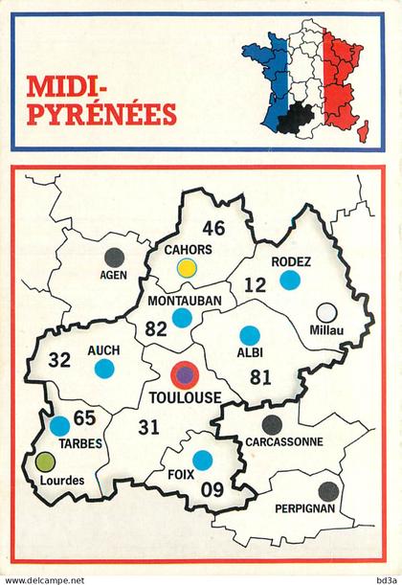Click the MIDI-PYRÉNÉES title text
[102, 101]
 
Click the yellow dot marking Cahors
[188, 267]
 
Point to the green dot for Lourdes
[45, 461]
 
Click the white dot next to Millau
[326, 313]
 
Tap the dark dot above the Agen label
[114, 257]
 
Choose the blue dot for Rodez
[289, 280]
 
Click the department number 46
[213, 228]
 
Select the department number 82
[157, 328]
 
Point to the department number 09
[212, 489]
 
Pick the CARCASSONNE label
[284, 442]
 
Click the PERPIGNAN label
[303, 508]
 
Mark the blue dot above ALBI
[250, 335]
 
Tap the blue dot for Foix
[202, 460]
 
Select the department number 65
[84, 417]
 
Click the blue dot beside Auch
[104, 368]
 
